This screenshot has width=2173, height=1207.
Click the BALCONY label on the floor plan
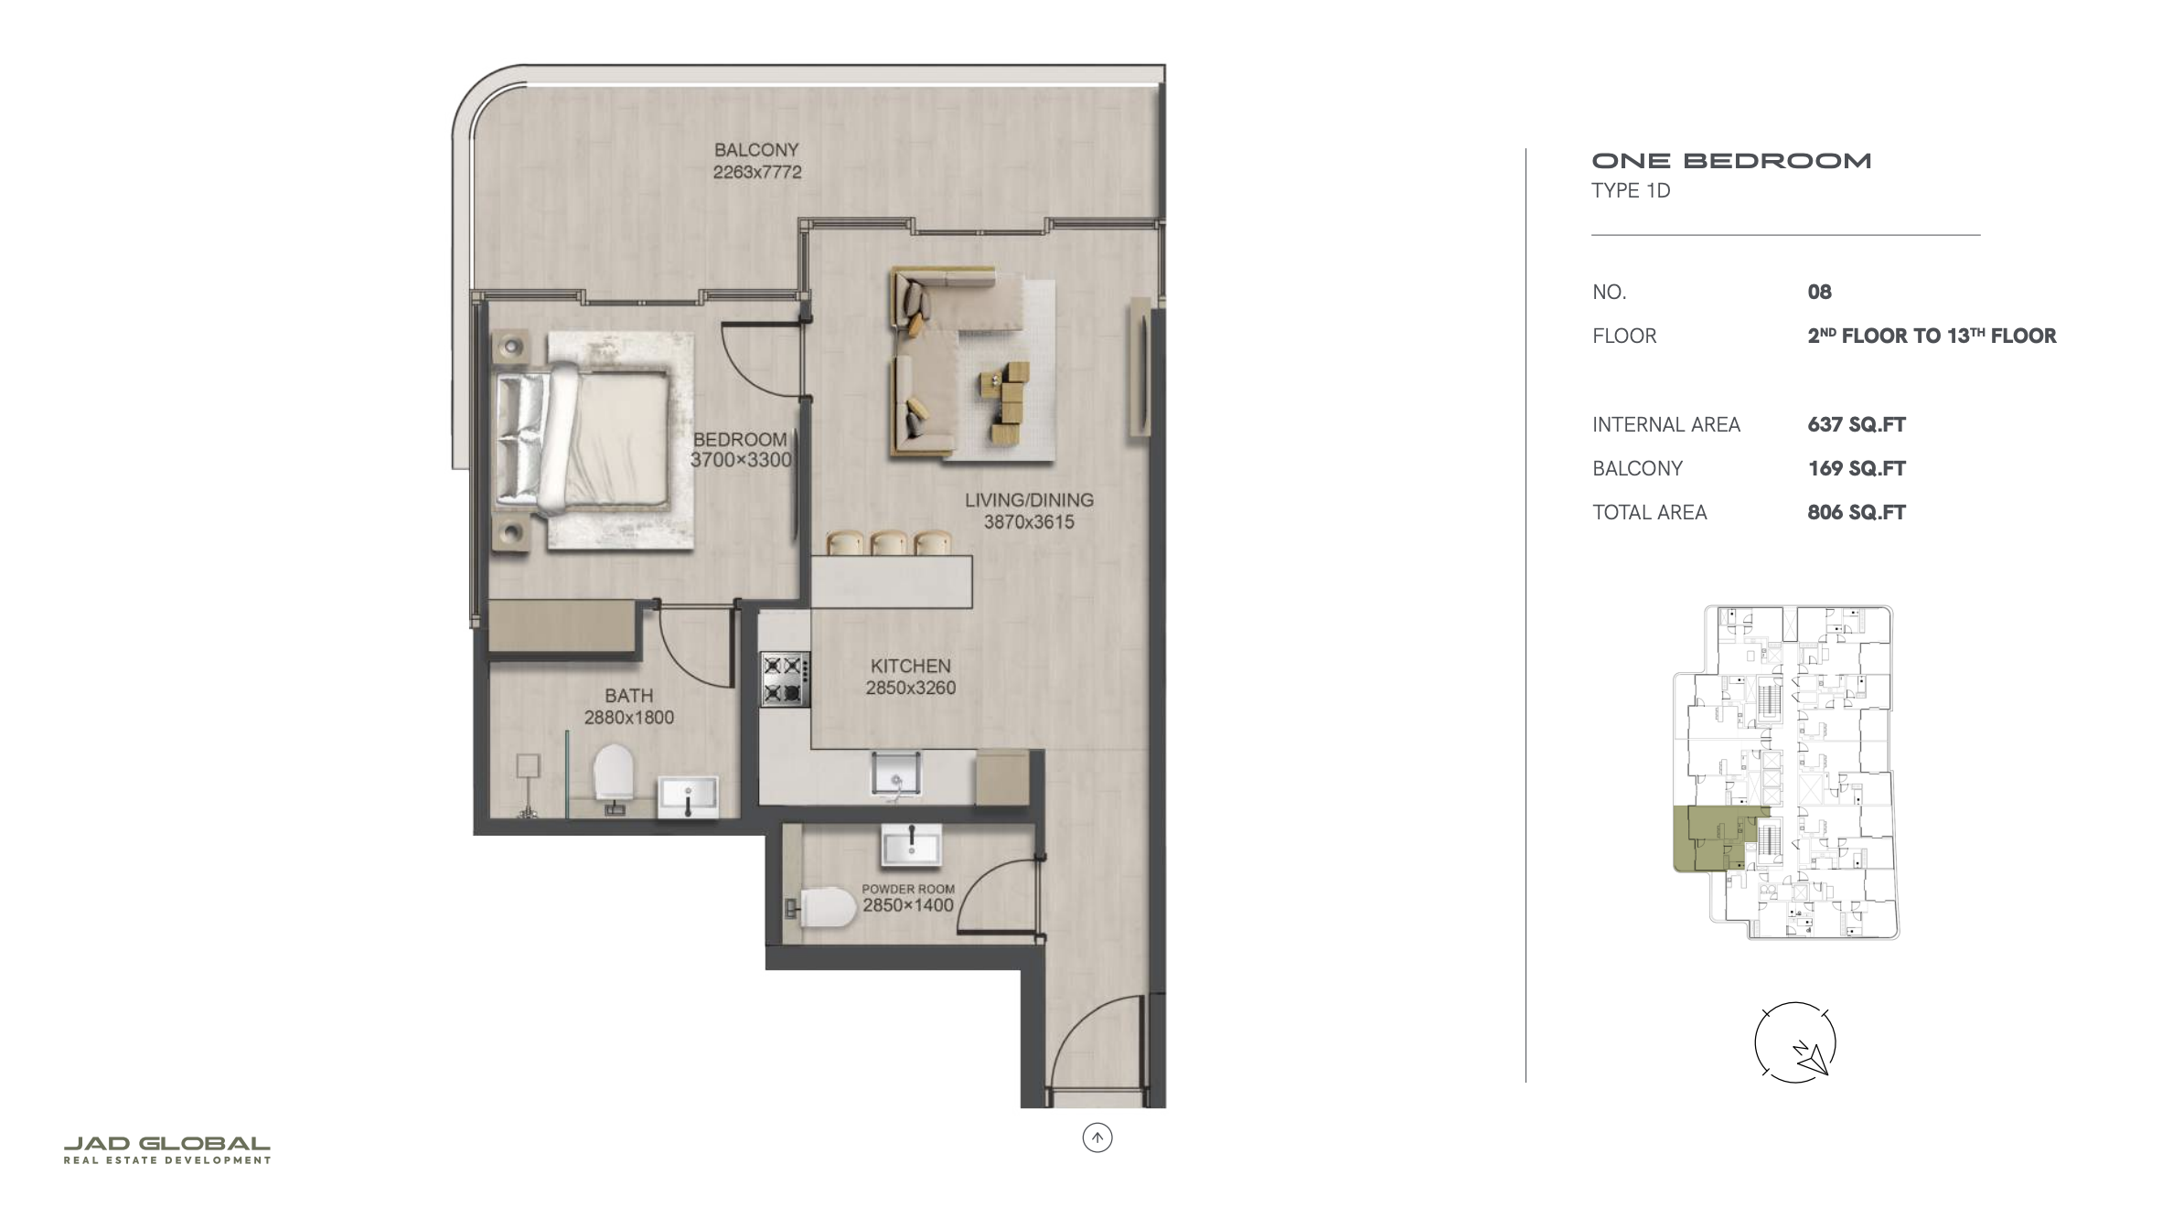(756, 149)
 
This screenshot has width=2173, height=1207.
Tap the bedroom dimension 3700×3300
(741, 460)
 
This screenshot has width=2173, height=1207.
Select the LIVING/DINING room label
(1029, 500)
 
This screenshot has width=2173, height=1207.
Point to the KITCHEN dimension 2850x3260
(911, 688)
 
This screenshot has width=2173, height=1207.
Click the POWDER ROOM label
(908, 889)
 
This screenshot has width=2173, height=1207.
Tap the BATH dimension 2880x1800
(629, 718)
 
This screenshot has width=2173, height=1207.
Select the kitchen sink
(895, 773)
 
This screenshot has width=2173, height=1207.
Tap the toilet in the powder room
(821, 907)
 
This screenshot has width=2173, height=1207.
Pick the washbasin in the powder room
(911, 845)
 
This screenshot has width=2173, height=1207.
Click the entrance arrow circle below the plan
(1097, 1138)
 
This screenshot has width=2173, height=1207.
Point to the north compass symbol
(1795, 1043)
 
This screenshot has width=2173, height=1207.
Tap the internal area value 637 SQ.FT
(1857, 424)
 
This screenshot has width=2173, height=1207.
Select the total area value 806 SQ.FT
(1857, 512)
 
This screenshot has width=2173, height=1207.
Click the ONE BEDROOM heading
(1731, 161)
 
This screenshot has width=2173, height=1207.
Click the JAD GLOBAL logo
(167, 1150)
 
